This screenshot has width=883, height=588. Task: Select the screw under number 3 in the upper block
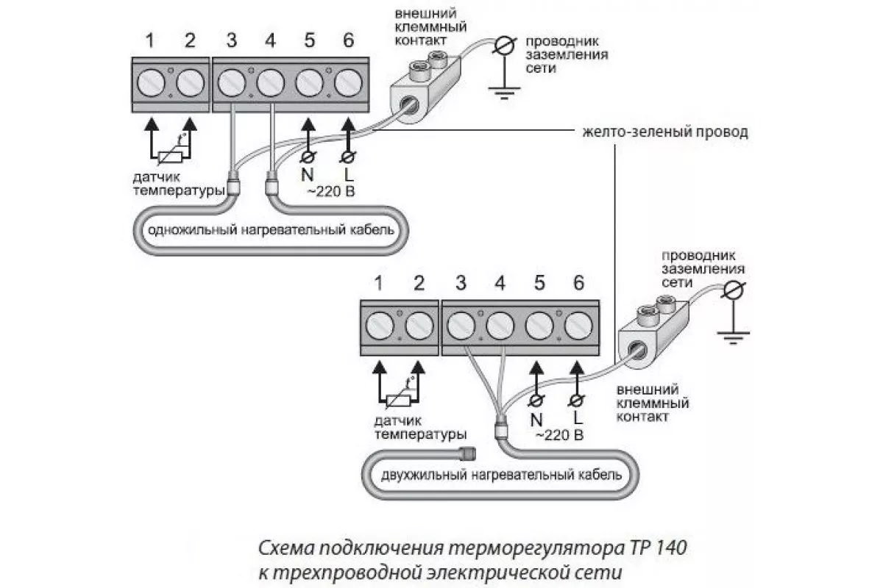pyautogui.click(x=232, y=83)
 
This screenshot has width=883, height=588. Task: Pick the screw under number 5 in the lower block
pyautogui.click(x=539, y=326)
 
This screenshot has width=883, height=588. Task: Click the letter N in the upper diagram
pyautogui.click(x=308, y=175)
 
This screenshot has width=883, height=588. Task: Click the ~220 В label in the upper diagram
pyautogui.click(x=331, y=192)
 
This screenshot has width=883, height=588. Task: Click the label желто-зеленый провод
pyautogui.click(x=665, y=132)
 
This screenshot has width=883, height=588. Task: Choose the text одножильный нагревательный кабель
pyautogui.click(x=271, y=230)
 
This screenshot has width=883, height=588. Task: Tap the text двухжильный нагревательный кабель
pyautogui.click(x=501, y=475)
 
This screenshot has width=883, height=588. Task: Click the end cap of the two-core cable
pyautogui.click(x=467, y=453)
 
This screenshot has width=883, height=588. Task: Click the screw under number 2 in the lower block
pyautogui.click(x=419, y=326)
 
